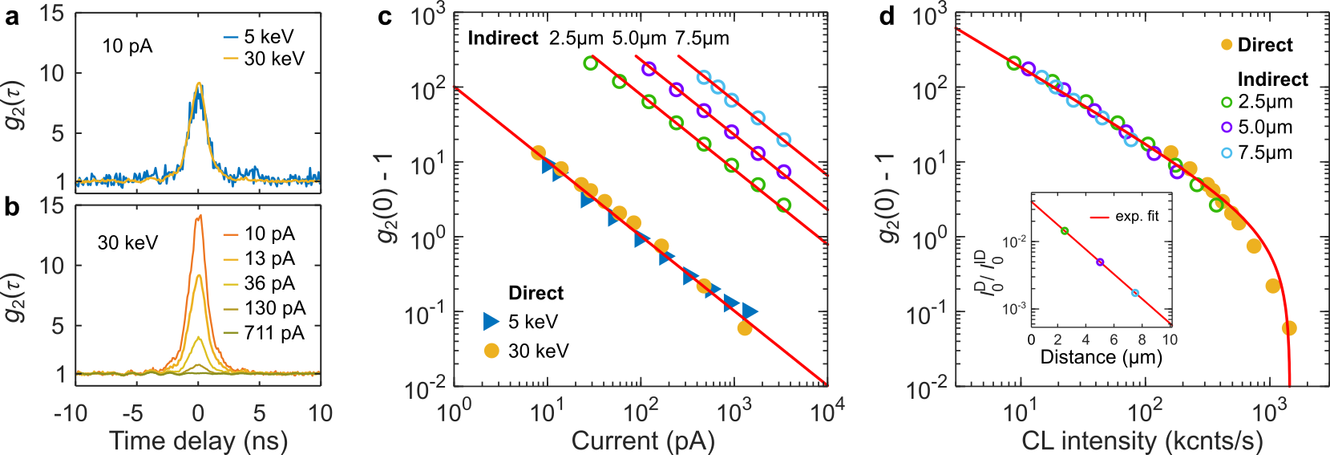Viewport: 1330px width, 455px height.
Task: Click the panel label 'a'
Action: [11, 16]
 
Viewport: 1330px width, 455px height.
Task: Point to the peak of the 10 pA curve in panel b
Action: [199, 215]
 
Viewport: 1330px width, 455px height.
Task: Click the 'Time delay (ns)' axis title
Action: [198, 441]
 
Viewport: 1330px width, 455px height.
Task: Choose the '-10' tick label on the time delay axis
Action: [71, 413]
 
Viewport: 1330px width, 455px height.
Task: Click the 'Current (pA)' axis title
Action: [642, 441]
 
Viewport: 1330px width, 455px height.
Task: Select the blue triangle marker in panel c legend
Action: [491, 322]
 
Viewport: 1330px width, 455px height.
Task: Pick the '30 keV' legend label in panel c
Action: [538, 351]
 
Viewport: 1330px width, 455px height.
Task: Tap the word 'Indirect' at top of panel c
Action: [503, 38]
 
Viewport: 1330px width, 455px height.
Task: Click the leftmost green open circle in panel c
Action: [591, 63]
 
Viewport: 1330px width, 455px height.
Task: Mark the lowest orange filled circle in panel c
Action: [745, 327]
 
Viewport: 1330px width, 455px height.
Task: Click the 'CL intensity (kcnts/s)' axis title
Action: [1142, 441]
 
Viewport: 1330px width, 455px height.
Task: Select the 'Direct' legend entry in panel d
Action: [1264, 45]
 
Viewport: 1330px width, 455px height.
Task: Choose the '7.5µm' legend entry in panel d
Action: [1264, 152]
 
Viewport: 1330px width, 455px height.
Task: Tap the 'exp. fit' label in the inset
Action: [1137, 217]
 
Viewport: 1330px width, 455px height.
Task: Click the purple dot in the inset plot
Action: [1100, 262]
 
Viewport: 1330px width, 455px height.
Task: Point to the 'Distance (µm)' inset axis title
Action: [1101, 357]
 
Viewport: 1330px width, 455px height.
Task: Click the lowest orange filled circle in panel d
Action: [1289, 328]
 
